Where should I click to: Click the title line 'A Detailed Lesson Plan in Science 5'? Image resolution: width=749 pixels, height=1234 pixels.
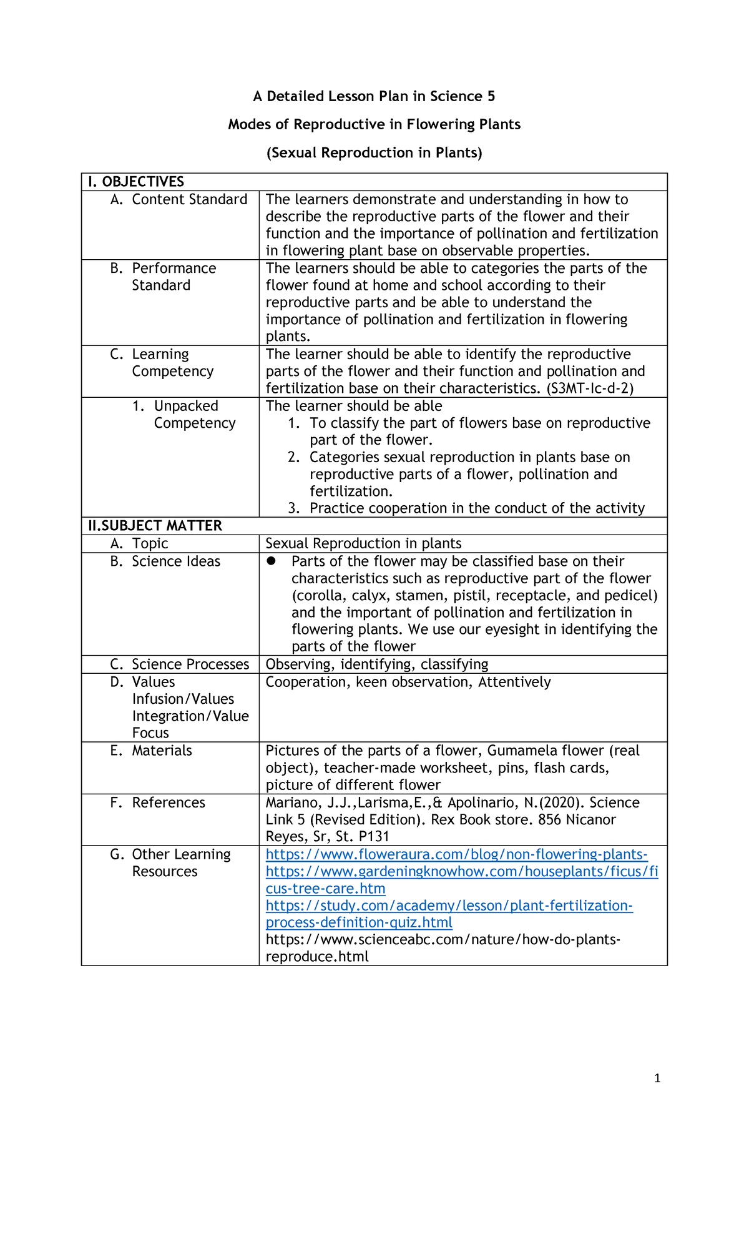374,96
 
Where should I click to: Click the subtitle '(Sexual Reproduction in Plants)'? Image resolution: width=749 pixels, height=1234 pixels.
374,153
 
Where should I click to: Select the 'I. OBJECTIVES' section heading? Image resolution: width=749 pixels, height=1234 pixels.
136,182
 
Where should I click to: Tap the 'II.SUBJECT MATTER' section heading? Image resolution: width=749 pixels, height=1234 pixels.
155,526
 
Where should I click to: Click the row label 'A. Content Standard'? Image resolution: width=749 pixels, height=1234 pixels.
179,200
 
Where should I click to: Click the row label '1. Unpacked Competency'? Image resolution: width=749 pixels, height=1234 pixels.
185,415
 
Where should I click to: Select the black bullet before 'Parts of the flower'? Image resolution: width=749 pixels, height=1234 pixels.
271,561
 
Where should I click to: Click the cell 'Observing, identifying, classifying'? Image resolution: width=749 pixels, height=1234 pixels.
377,664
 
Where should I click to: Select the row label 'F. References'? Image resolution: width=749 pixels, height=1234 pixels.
158,803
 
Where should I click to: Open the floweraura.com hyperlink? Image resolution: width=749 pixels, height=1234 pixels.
456,855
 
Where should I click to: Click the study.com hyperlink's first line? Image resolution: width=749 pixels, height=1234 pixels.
449,906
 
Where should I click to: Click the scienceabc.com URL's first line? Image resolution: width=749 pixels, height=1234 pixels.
443,940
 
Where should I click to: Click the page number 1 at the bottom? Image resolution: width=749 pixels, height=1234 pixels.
657,1079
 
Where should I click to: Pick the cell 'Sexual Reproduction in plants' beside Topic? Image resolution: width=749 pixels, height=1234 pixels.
363,544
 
